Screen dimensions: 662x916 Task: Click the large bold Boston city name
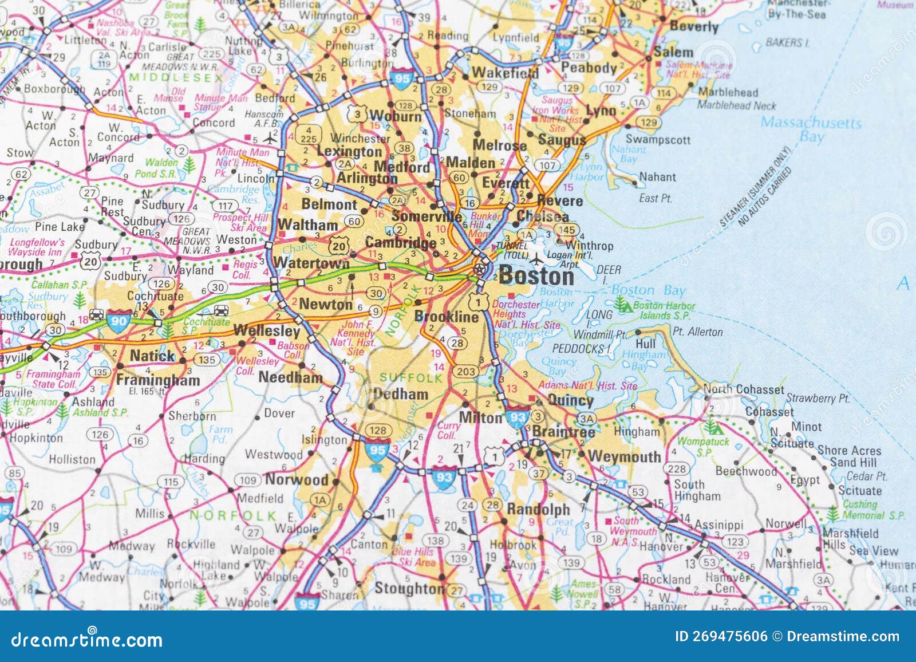click(x=536, y=277)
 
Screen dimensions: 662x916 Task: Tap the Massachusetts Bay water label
click(x=811, y=129)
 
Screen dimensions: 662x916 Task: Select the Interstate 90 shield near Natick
click(x=119, y=321)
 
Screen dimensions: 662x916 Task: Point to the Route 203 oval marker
click(x=465, y=371)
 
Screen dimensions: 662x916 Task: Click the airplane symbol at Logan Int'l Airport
click(x=536, y=259)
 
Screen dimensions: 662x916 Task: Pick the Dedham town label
click(x=401, y=394)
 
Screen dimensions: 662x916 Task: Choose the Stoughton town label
click(x=409, y=588)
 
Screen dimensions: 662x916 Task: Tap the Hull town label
click(x=645, y=344)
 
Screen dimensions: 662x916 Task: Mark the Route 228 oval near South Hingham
click(x=677, y=468)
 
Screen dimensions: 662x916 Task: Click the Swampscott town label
click(x=658, y=139)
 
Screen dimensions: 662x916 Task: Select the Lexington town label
click(x=349, y=152)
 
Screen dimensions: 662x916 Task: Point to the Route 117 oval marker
click(x=225, y=206)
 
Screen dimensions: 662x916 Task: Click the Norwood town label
click(x=297, y=479)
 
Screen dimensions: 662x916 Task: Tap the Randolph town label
click(x=538, y=509)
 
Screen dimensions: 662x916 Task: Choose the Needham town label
click(x=290, y=377)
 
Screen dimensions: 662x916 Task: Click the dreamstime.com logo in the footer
click(x=87, y=639)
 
